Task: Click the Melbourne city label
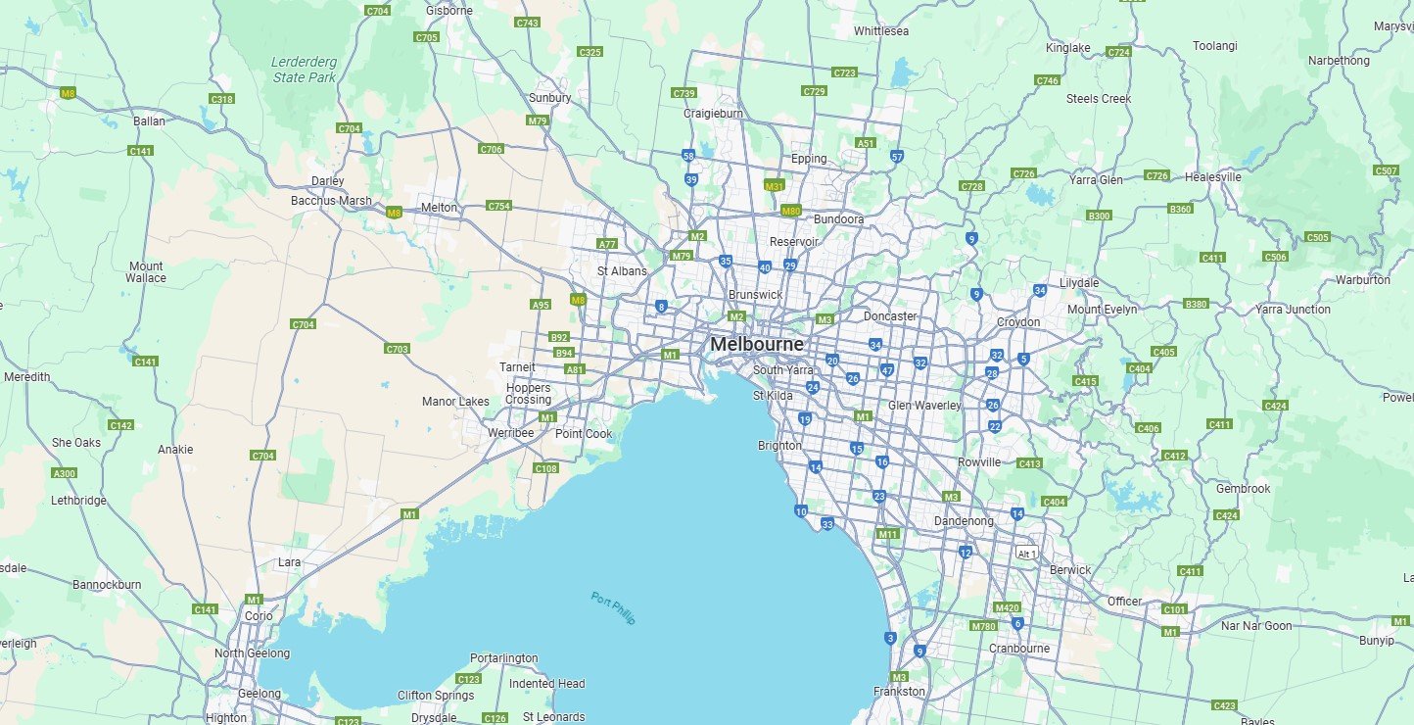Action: point(757,345)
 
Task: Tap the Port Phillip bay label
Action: point(613,608)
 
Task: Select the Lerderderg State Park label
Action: point(304,70)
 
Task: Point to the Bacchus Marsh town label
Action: point(331,201)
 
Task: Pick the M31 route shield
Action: point(775,185)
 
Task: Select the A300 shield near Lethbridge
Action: point(64,474)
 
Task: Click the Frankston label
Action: point(899,692)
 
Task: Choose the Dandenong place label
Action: point(964,521)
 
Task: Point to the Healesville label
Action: point(1212,177)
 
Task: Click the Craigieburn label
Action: point(713,114)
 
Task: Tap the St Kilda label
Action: point(773,396)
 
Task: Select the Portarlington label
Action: point(503,658)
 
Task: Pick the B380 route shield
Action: point(1197,305)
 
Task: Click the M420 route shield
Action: point(1007,607)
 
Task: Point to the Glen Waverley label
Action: point(924,406)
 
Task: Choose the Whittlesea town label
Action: point(881,31)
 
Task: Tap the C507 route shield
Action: point(1386,171)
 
